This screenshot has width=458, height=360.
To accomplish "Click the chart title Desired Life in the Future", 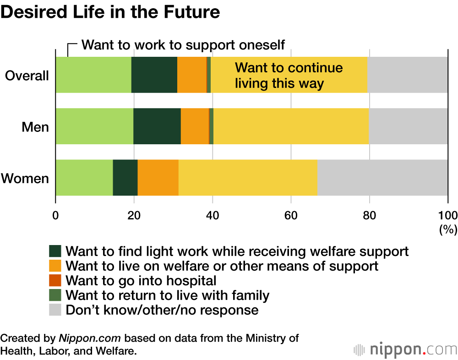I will (110, 12).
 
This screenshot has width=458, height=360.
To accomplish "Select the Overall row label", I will (27, 75).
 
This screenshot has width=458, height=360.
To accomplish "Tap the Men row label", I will (35, 126).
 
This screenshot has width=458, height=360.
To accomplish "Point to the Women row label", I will (25, 178).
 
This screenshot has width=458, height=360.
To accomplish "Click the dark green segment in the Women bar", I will (125, 178).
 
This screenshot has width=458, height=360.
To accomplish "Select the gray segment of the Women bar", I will (382, 178).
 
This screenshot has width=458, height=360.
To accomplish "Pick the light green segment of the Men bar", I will (94, 126).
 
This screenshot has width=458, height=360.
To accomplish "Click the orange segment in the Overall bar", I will (192, 75).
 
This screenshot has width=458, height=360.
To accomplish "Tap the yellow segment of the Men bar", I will (291, 126).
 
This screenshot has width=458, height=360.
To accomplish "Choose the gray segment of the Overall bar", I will (407, 75).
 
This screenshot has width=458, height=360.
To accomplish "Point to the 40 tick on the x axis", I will (213, 215).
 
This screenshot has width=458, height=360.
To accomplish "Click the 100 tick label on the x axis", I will (448, 215).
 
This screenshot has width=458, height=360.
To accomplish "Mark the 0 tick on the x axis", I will (56, 215).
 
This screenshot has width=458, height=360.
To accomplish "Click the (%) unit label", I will (448, 230).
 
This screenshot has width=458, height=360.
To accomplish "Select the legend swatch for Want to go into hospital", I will (55, 280).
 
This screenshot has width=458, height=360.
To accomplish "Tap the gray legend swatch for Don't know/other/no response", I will (55, 310).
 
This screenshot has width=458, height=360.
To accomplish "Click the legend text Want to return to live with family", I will (167, 295).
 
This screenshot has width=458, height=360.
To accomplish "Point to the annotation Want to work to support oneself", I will (183, 45).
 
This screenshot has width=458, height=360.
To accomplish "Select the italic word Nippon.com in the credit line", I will (89, 338).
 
